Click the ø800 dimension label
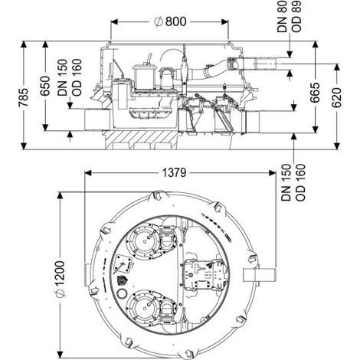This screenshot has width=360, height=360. pyautogui.click(x=170, y=21)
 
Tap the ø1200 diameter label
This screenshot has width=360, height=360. pyautogui.click(x=61, y=279)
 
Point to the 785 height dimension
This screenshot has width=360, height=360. pyautogui.click(x=24, y=97)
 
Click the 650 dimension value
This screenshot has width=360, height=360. pyautogui.click(x=45, y=86)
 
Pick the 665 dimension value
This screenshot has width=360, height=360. pyautogui.click(x=316, y=93)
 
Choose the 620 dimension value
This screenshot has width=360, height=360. pyautogui.click(x=337, y=97)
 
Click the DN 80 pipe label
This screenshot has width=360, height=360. pyautogui.click(x=283, y=17)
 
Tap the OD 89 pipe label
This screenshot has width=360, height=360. pyautogui.click(x=296, y=17)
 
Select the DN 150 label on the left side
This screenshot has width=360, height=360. pyautogui.click(x=62, y=77)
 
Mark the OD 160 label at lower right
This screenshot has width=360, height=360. pyautogui.click(x=300, y=182)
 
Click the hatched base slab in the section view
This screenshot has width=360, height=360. pyautogui.click(x=142, y=139)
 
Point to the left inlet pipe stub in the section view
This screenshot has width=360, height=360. pyautogui.click(x=97, y=119)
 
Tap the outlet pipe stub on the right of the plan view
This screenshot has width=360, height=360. pyautogui.click(x=260, y=275)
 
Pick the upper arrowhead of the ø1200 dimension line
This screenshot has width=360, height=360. pyautogui.click(x=60, y=195)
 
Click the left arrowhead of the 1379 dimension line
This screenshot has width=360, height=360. pyautogui.click(x=88, y=173)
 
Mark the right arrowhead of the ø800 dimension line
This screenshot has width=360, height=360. pyautogui.click(x=224, y=21)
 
